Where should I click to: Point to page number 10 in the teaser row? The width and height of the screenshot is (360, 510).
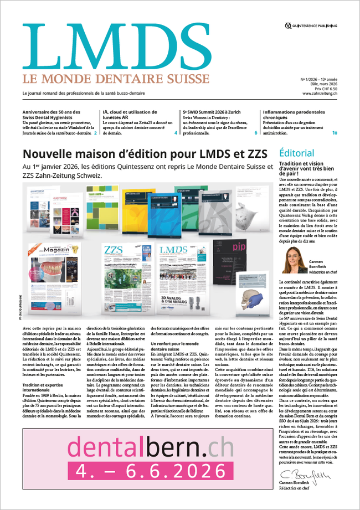(x=335, y=133)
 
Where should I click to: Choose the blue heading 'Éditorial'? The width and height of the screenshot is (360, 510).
(x=297, y=153)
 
